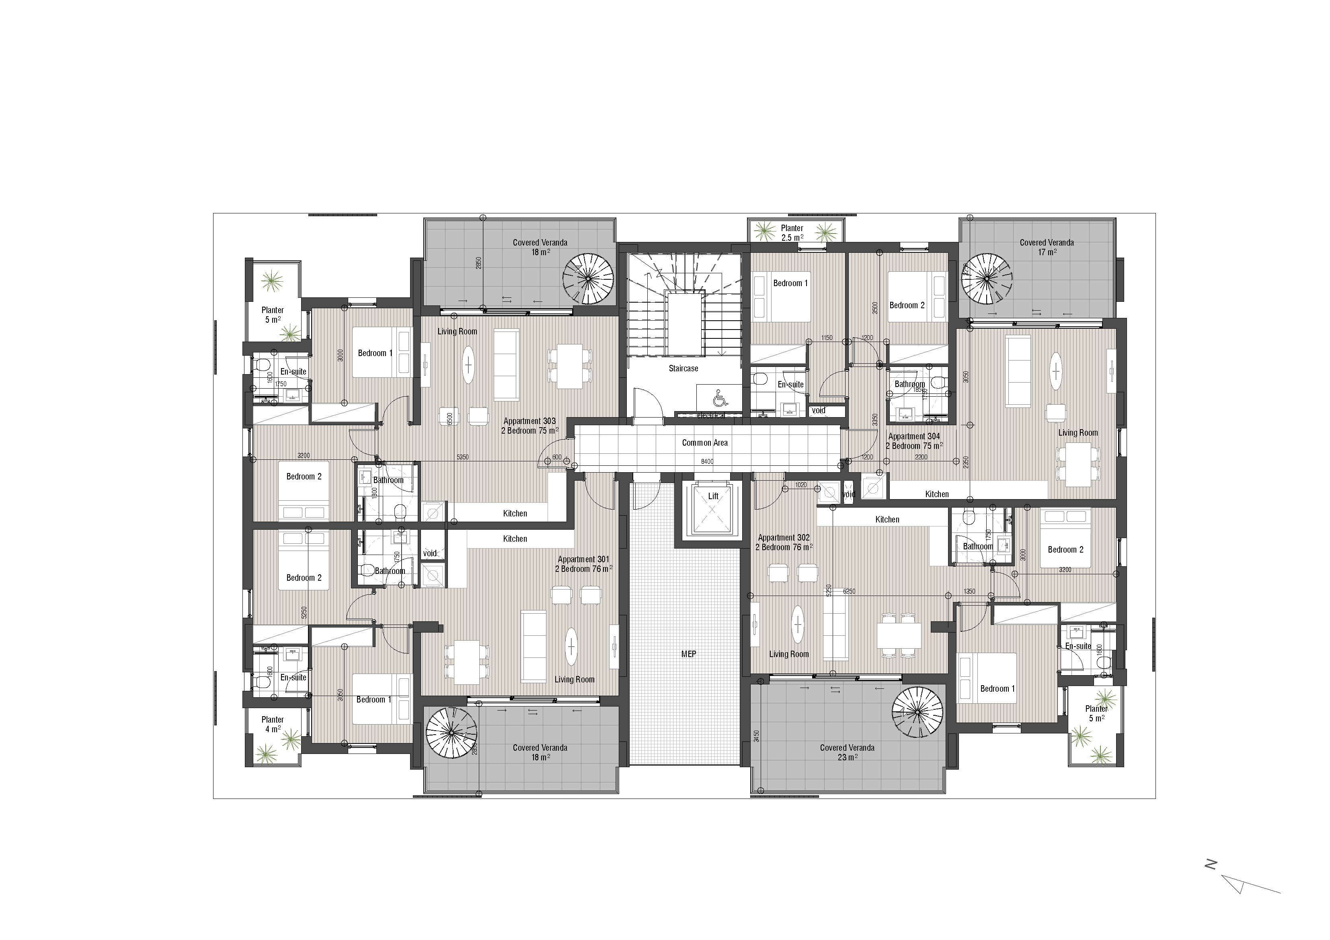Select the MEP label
point(688,654)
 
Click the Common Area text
point(704,443)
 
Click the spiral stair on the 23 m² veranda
point(917,712)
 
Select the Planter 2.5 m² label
point(792,233)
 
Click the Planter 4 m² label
point(272,724)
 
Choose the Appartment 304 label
point(914,441)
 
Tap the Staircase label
point(683,369)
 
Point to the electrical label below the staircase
point(711,415)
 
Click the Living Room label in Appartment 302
point(788,654)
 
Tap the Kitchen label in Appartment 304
point(937,494)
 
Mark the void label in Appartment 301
point(430,553)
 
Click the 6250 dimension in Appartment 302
point(849,591)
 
